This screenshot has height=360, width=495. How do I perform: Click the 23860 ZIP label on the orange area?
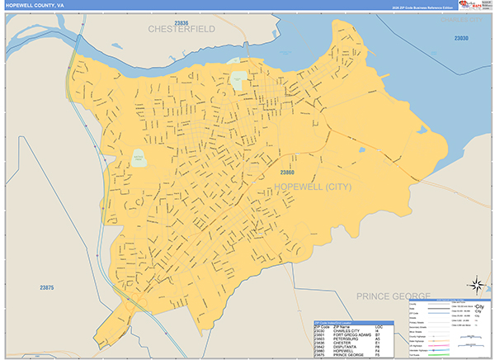[x=288, y=172]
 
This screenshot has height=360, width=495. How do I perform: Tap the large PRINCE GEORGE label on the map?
[x=394, y=295]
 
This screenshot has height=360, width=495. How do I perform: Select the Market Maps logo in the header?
[x=471, y=6]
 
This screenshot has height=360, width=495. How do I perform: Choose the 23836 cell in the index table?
[x=321, y=342]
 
